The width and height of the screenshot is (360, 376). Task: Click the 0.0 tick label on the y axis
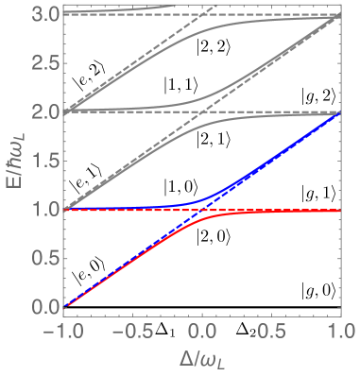pyautogui.click(x=44, y=307)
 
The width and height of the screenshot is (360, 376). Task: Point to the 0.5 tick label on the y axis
pyautogui.click(x=44, y=258)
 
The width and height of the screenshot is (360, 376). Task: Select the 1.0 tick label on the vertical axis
pyautogui.click(x=44, y=209)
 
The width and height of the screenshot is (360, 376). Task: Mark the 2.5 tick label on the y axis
pyautogui.click(x=44, y=62)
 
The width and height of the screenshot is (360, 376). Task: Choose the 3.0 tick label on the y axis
pyautogui.click(x=44, y=14)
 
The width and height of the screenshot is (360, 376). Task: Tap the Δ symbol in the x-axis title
pyautogui.click(x=187, y=358)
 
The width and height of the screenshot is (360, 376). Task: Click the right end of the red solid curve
pyautogui.click(x=339, y=211)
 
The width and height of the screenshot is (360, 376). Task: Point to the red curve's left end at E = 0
pyautogui.click(x=65, y=306)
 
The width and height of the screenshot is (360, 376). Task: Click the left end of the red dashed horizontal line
pyautogui.click(x=65, y=210)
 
